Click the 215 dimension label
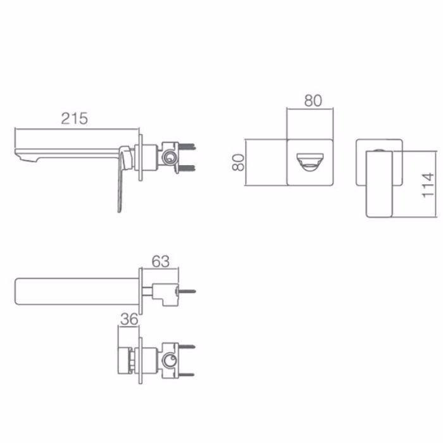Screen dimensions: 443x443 (x=74, y=118)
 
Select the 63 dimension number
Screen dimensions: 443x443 (x=161, y=261)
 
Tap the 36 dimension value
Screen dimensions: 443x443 (x=129, y=319)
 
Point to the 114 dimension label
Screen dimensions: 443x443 (x=428, y=185)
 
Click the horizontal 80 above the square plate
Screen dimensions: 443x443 (x=313, y=101)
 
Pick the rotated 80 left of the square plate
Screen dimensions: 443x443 (x=238, y=162)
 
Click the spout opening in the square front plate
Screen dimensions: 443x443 (x=310, y=162)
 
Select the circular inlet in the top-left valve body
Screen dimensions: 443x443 (x=170, y=157)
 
